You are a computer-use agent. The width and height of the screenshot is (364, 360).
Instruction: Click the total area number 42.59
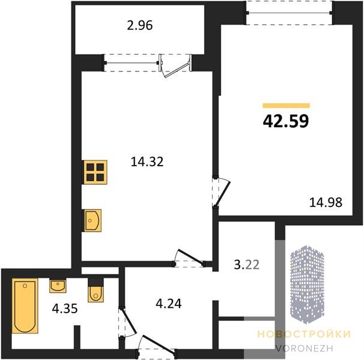[286, 121]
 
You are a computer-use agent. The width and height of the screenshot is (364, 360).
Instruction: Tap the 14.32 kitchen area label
[147, 161]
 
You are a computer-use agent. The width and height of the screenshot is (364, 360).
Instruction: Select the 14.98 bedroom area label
[326, 202]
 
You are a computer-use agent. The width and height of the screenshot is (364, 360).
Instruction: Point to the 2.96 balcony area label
[140, 25]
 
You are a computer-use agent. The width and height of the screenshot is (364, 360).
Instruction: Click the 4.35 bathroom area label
[65, 308]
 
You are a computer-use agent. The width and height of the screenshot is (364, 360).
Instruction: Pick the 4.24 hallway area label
[169, 304]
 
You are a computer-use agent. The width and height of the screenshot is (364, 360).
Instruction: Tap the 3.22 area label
[246, 265]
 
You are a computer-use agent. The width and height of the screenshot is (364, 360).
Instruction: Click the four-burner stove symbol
[95, 172]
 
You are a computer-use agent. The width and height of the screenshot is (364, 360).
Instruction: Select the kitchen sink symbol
[93, 220]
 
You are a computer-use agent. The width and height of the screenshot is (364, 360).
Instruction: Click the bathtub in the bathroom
[25, 306]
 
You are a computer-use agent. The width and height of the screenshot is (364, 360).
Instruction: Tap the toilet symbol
[96, 294]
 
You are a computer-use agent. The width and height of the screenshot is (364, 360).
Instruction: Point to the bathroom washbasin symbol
[58, 286]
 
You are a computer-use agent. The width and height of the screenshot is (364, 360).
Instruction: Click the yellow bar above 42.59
[287, 106]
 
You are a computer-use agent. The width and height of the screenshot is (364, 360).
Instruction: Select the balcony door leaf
[175, 70]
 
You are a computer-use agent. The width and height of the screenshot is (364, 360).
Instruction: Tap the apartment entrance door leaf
[159, 343]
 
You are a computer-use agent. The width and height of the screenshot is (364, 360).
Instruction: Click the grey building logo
[307, 284]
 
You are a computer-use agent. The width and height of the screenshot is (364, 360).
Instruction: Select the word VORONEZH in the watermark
[304, 348]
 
